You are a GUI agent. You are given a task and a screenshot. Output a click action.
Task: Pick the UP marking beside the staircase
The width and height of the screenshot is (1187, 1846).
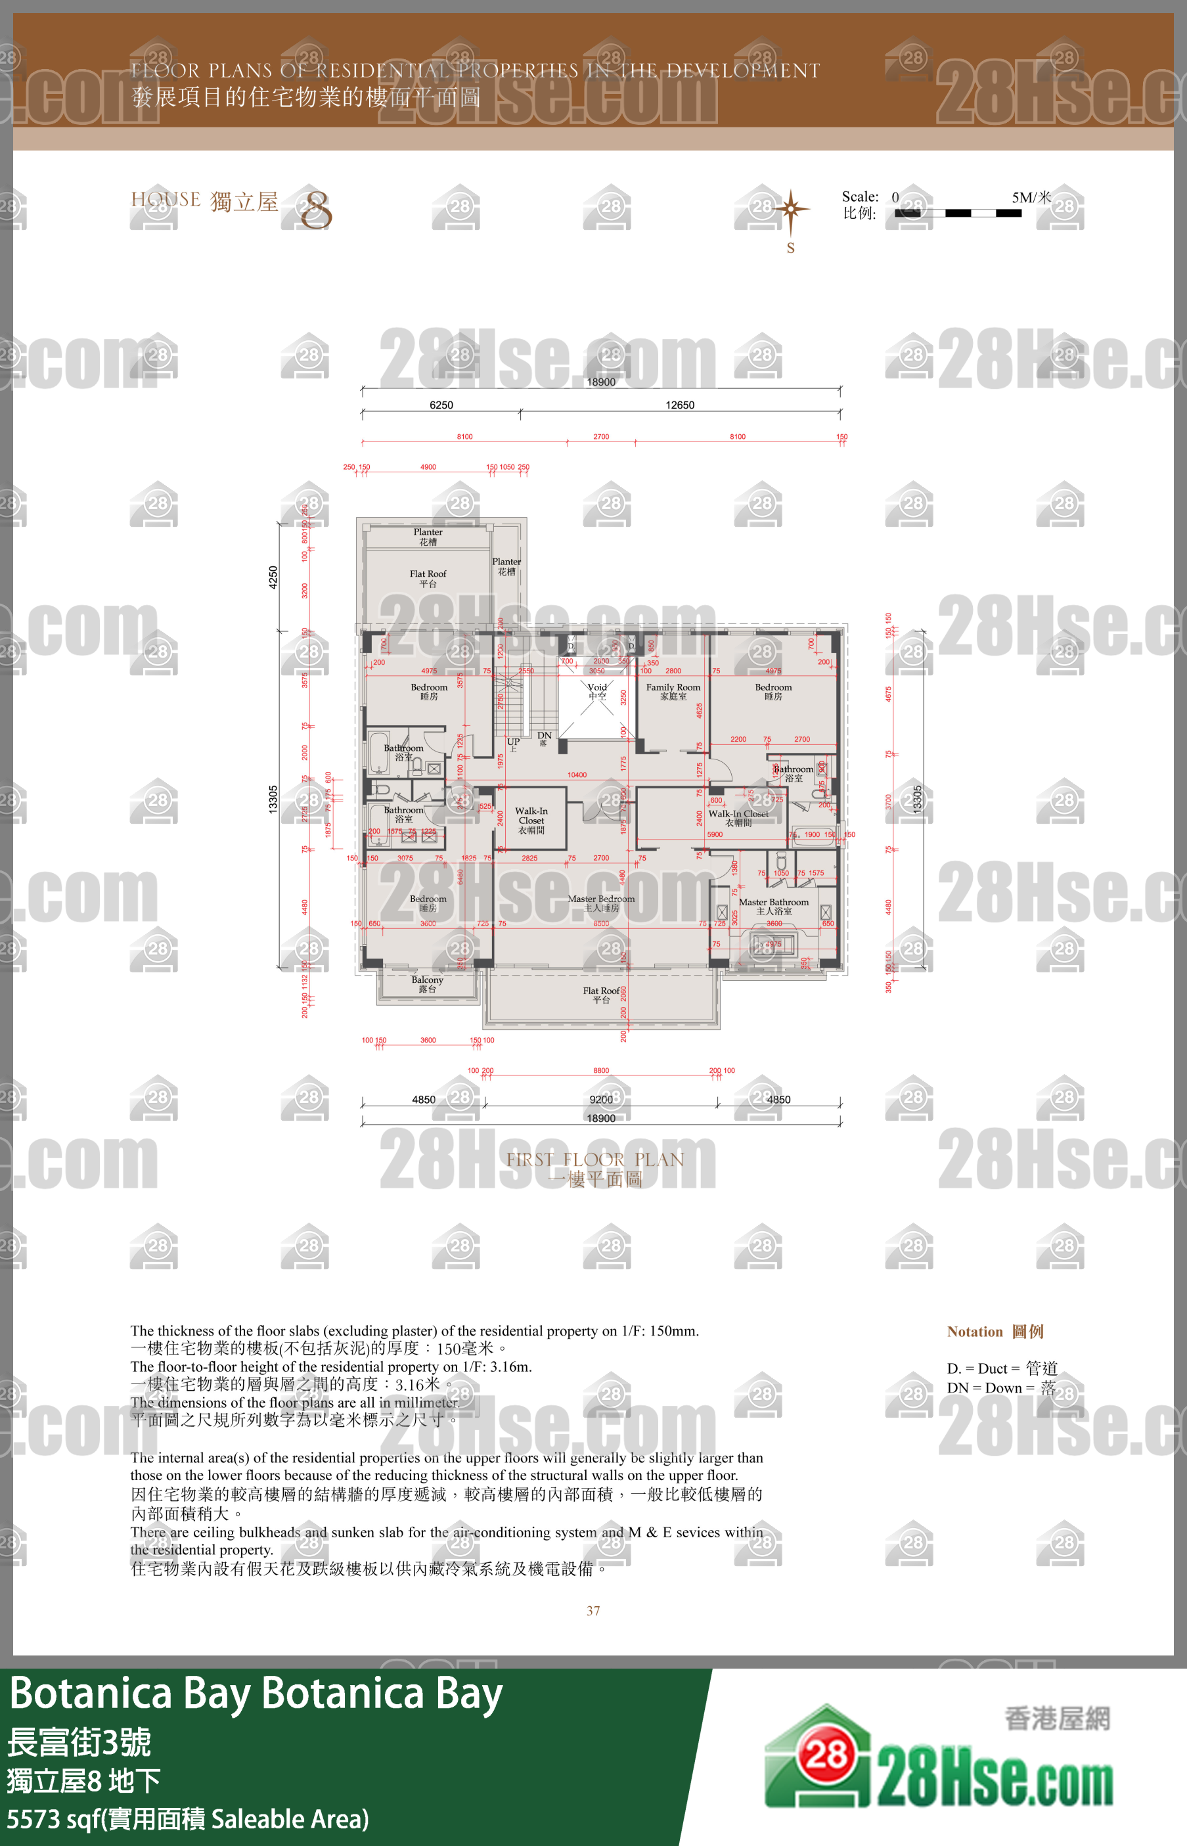point(513,743)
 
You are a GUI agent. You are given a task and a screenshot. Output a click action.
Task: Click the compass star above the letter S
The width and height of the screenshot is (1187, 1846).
point(791,209)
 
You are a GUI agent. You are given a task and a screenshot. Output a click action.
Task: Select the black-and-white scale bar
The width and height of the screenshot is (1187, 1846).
point(958,213)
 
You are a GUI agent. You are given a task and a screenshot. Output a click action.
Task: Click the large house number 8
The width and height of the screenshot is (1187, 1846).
point(316,210)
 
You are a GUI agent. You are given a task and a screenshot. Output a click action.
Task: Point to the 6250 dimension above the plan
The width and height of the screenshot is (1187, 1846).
point(441,405)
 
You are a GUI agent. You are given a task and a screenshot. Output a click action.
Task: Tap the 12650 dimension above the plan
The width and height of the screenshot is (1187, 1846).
point(680,405)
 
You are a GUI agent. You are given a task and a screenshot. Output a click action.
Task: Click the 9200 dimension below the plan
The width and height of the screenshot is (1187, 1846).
point(601,1099)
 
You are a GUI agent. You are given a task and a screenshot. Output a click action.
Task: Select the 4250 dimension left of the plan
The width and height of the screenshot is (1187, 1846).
point(273,577)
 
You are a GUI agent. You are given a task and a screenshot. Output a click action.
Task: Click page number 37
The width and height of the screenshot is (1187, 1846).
point(594,1610)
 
